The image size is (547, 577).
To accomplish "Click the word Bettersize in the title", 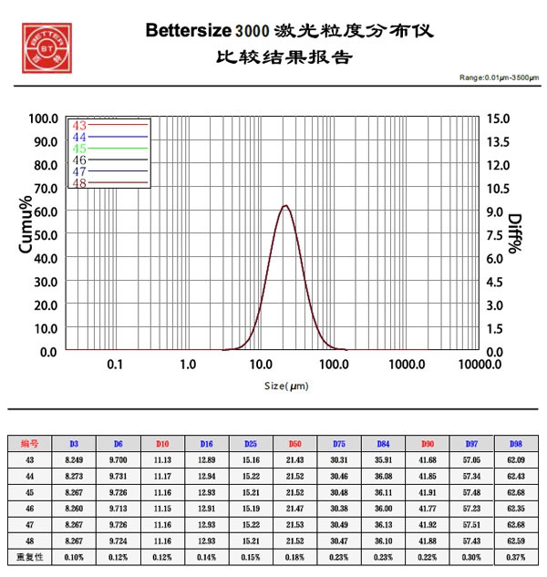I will coord(189,31).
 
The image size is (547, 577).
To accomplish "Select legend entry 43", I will coord(78,126).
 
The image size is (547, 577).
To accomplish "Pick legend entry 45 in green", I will coord(78,149).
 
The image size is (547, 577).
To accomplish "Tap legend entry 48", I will coord(78,182).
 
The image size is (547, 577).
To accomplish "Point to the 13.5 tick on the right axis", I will coord(501,141).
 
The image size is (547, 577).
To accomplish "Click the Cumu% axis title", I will coord(26,228).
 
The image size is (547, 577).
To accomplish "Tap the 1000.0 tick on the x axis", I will coord(407,365).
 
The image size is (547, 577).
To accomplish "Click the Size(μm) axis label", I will coord(287,386).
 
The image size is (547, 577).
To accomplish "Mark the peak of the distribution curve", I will coord(285,205).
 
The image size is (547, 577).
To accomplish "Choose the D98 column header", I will coord(516,444).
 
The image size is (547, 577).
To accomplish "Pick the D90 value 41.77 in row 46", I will coord(428,510).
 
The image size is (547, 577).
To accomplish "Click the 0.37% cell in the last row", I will coord(516,557).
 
